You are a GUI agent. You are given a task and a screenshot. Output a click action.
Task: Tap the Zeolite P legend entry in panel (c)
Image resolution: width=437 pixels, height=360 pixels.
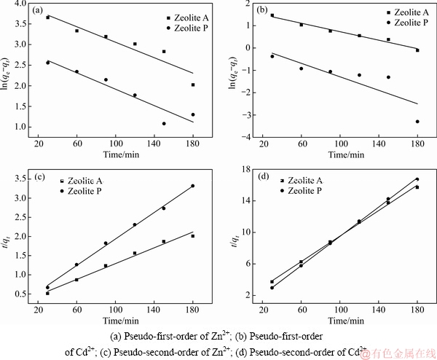[x=84, y=189]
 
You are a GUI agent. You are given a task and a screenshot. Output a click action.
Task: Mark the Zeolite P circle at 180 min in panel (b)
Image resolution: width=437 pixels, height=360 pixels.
[x=417, y=122]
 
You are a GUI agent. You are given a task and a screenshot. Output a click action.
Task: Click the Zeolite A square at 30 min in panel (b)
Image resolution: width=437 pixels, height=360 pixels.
[x=272, y=15]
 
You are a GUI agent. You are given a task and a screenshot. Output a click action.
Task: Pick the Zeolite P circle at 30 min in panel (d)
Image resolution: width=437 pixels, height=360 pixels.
[x=272, y=288]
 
